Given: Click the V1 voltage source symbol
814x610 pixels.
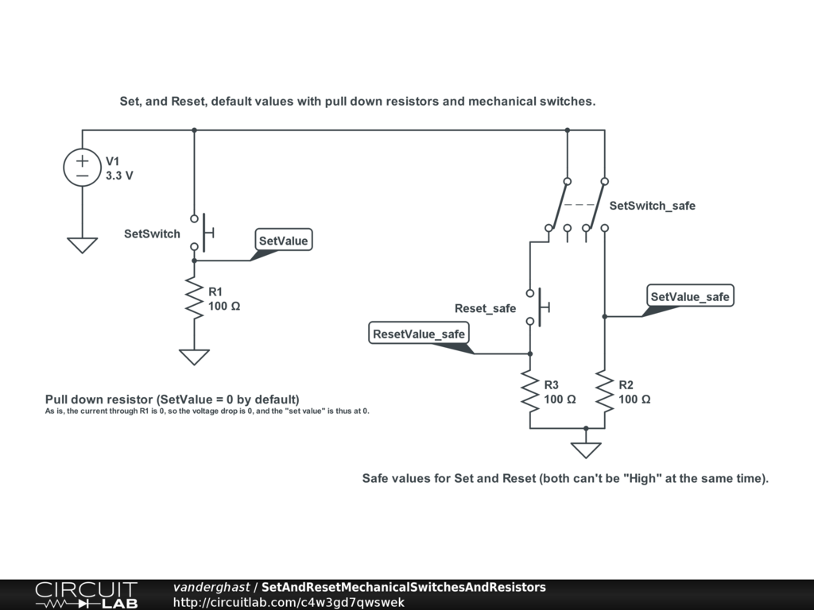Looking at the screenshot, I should click(x=83, y=168).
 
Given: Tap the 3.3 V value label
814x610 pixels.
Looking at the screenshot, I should click(x=119, y=176).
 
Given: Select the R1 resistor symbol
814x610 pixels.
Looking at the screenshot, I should click(x=194, y=299).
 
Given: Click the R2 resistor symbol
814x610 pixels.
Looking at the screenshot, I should click(x=605, y=392).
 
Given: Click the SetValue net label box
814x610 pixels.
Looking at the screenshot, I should click(x=284, y=241).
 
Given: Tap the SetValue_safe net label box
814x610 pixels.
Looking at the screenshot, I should click(x=689, y=296).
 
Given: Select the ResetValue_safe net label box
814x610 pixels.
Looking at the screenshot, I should click(x=419, y=334).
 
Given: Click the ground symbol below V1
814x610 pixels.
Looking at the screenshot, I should click(x=83, y=245).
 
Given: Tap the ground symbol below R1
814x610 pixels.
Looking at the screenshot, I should click(x=194, y=357).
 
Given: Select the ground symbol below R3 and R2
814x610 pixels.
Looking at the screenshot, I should click(x=586, y=450).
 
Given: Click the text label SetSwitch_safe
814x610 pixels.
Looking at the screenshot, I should click(x=652, y=206).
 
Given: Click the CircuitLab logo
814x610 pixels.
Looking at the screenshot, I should click(x=86, y=595).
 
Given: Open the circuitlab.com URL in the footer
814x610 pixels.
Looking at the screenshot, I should click(x=289, y=602).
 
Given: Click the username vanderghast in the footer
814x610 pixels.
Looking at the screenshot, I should click(x=211, y=587).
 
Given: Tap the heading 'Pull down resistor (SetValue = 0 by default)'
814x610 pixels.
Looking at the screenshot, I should click(x=172, y=399).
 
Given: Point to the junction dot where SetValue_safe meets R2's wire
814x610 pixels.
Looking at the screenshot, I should click(x=605, y=316).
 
